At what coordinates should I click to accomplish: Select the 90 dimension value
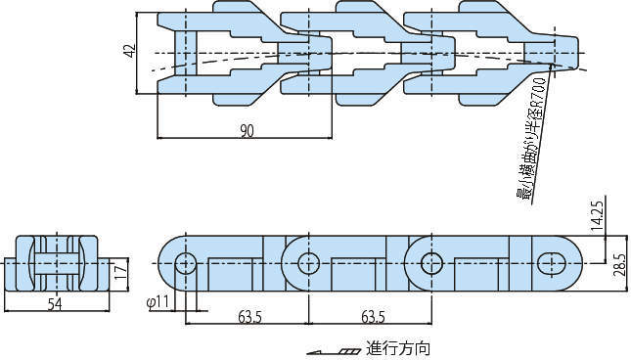pos(247,131)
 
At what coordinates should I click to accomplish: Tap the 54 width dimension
pos(55,304)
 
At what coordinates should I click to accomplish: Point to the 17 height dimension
pos(122,272)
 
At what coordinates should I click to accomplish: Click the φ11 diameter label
pos(158,301)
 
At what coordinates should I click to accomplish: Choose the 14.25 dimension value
pos(597,216)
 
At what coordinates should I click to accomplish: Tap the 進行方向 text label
pos(397,348)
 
